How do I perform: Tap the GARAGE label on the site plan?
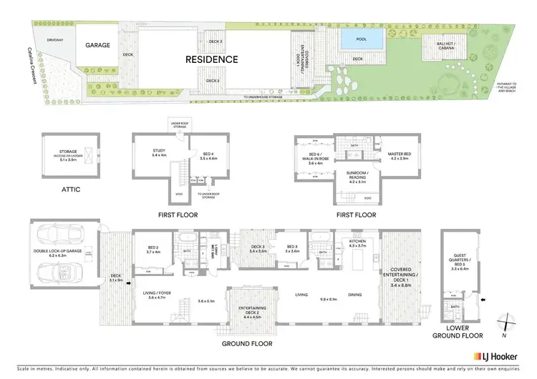[x=98, y=45]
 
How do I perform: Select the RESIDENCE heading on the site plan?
[x=212, y=59]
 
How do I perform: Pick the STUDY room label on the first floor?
[x=158, y=151]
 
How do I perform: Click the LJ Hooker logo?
[x=500, y=355]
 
